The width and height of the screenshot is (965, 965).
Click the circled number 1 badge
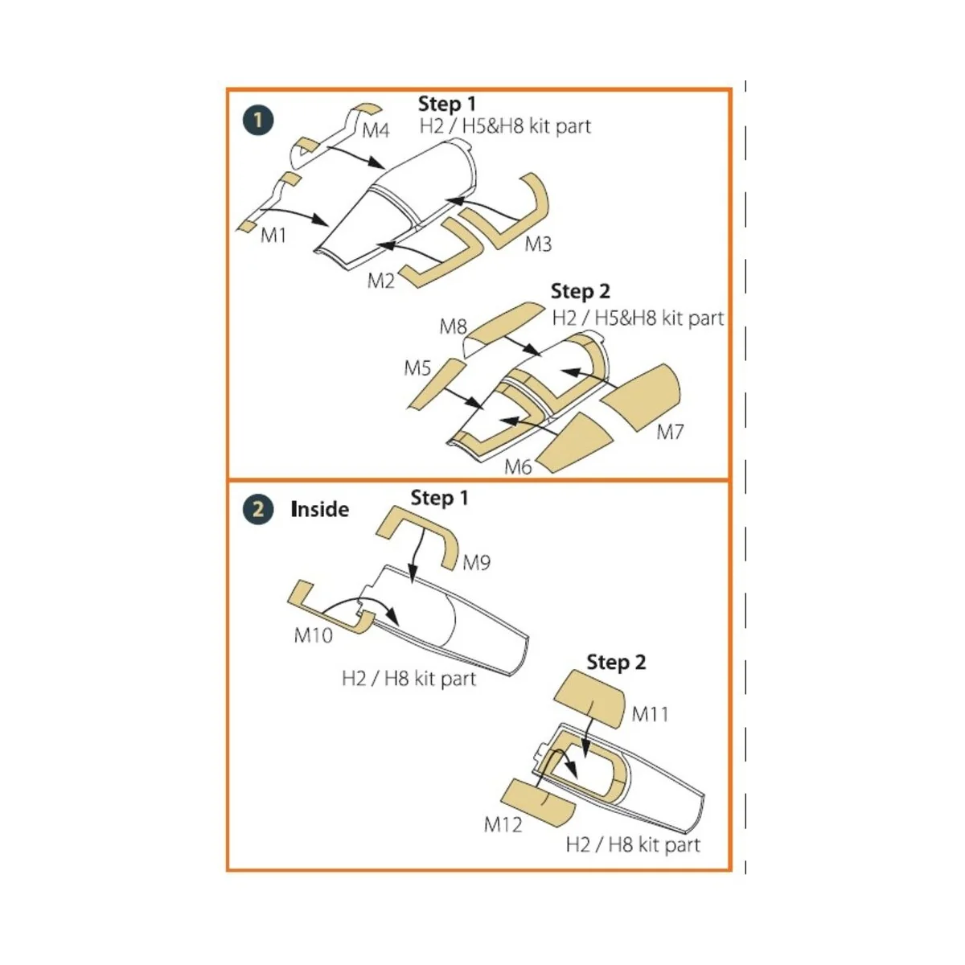coord(258,121)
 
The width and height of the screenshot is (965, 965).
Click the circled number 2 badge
coord(258,510)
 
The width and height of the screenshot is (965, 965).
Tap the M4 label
coord(376,130)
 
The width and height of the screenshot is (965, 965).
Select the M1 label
coord(273,236)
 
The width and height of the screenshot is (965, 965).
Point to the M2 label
coord(381,280)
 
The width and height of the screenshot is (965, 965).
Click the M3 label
coord(538,244)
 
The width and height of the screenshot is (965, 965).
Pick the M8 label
coord(453,326)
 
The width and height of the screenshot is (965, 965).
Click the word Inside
coord(319,510)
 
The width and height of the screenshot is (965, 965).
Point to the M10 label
coord(313,635)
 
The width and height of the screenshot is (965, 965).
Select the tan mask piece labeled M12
coord(536,799)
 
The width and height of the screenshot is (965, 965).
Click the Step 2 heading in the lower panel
coord(616,663)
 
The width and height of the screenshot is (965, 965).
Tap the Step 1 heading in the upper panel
coord(447,105)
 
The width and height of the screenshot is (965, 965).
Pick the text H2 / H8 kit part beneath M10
coord(409,679)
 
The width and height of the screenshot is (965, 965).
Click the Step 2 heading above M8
coord(580,291)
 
